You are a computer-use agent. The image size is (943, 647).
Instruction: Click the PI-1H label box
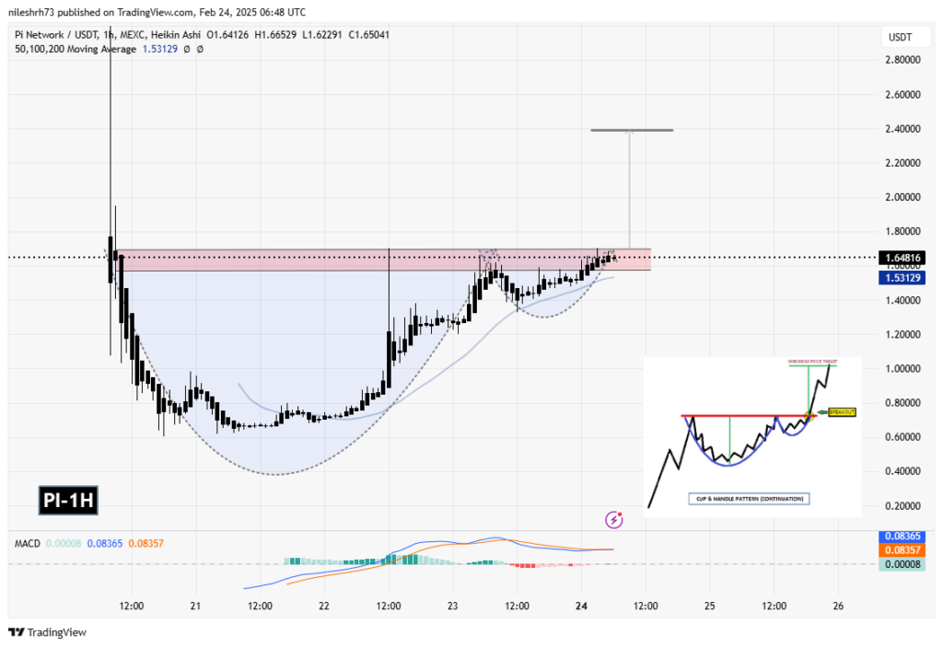(68, 501)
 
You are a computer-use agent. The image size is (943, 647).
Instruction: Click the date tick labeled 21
(195, 606)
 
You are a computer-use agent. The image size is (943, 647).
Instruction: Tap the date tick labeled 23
(452, 606)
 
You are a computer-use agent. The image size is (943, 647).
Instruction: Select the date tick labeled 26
(838, 606)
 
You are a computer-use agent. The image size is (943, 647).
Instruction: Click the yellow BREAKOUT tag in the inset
(842, 412)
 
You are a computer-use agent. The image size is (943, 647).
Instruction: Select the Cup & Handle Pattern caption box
(747, 498)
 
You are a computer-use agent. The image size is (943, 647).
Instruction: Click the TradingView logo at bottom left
(48, 632)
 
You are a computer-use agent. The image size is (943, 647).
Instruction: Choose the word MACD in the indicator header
(26, 543)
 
